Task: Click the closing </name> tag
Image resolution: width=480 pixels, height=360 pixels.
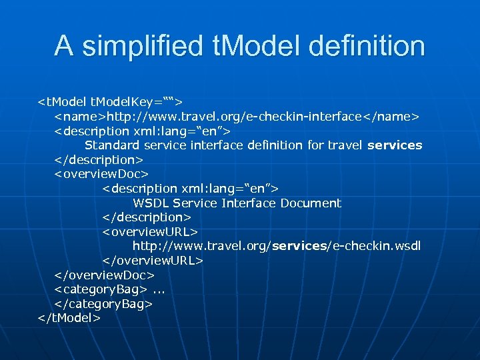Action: pos(396,117)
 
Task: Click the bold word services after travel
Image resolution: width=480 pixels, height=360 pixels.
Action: pos(395,145)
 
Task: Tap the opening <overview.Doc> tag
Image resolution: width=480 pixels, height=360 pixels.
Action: pos(101,175)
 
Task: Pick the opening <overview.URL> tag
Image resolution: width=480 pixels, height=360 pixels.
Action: pos(150,232)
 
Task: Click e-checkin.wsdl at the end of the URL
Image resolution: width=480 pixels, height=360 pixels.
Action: pos(376,246)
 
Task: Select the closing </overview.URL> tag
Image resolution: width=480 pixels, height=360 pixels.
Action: pos(153,261)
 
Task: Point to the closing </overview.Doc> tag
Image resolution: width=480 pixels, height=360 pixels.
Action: pos(104,275)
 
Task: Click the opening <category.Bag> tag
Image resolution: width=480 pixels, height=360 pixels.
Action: pos(101,289)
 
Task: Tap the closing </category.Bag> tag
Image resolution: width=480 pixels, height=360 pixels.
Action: pos(103,303)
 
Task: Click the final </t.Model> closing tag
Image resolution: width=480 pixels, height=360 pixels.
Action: pos(69,318)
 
